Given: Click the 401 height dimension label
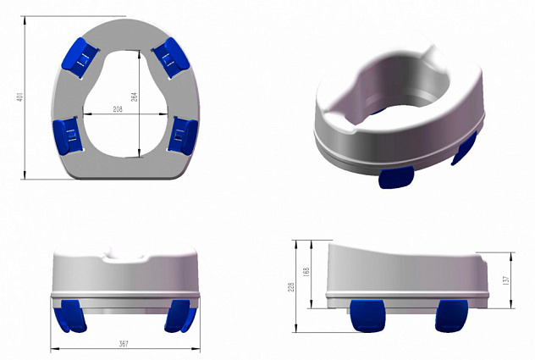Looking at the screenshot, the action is point(19,97).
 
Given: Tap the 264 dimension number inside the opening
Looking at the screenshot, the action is point(134,97).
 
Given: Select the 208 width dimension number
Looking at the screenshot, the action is point(118,109).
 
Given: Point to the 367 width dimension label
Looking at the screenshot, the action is point(124,343).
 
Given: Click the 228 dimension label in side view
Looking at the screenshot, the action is point(291,286).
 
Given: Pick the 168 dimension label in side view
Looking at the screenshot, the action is point(306,272).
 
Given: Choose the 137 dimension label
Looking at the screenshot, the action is point(506,280).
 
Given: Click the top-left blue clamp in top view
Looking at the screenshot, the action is point(80,58).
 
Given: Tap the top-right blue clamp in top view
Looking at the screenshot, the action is point(171,58).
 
